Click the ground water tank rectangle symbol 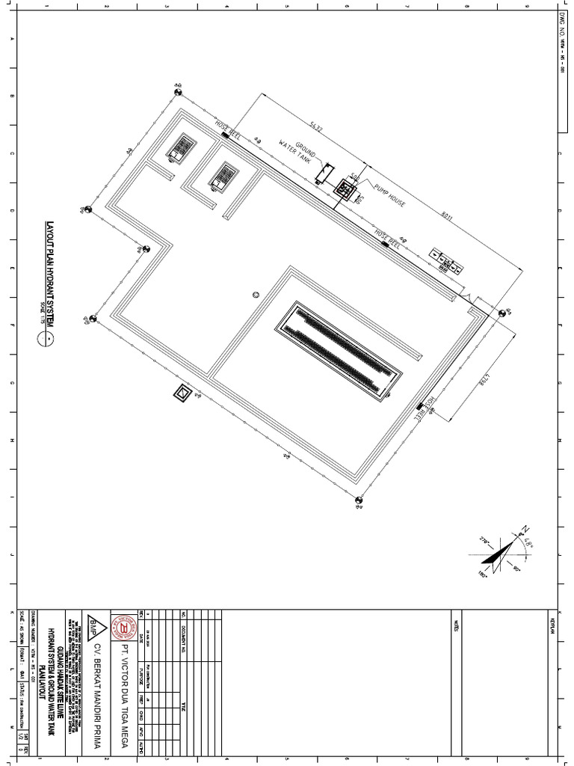324,174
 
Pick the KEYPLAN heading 554,625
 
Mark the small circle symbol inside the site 256,294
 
